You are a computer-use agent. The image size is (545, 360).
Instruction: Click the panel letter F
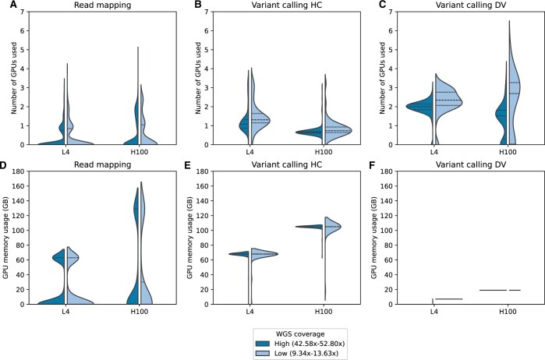click(373, 164)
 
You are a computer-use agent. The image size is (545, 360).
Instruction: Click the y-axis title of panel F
click(376, 238)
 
